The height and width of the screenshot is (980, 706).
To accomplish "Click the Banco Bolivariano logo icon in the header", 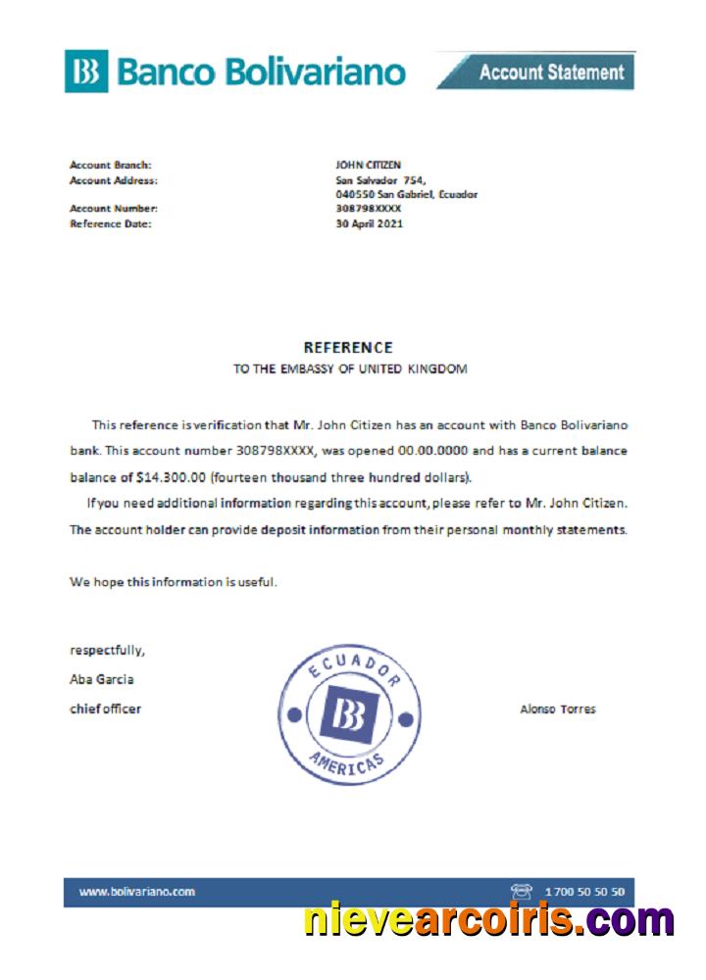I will point(86,72).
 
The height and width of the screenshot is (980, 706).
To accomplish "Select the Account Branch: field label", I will point(110,166).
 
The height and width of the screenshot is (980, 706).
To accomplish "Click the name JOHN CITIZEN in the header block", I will point(368,166).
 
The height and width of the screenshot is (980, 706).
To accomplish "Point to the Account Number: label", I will point(113,209).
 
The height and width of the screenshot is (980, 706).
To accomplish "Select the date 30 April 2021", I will point(369,223).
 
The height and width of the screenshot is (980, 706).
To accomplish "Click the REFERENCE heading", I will point(348,347).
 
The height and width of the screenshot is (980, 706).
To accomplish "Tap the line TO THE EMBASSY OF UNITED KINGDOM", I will point(349,369).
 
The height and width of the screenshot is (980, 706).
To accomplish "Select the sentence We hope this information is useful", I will point(174,582).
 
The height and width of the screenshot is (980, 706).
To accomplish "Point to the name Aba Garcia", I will point(102,679).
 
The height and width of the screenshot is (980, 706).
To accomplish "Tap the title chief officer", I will point(105,709).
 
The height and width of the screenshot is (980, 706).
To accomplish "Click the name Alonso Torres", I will point(557,710).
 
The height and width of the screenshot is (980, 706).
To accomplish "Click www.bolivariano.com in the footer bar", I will point(136,892).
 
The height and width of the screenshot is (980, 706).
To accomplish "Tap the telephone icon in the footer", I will point(521,892).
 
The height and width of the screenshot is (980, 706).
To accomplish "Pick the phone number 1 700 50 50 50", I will point(583,892).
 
